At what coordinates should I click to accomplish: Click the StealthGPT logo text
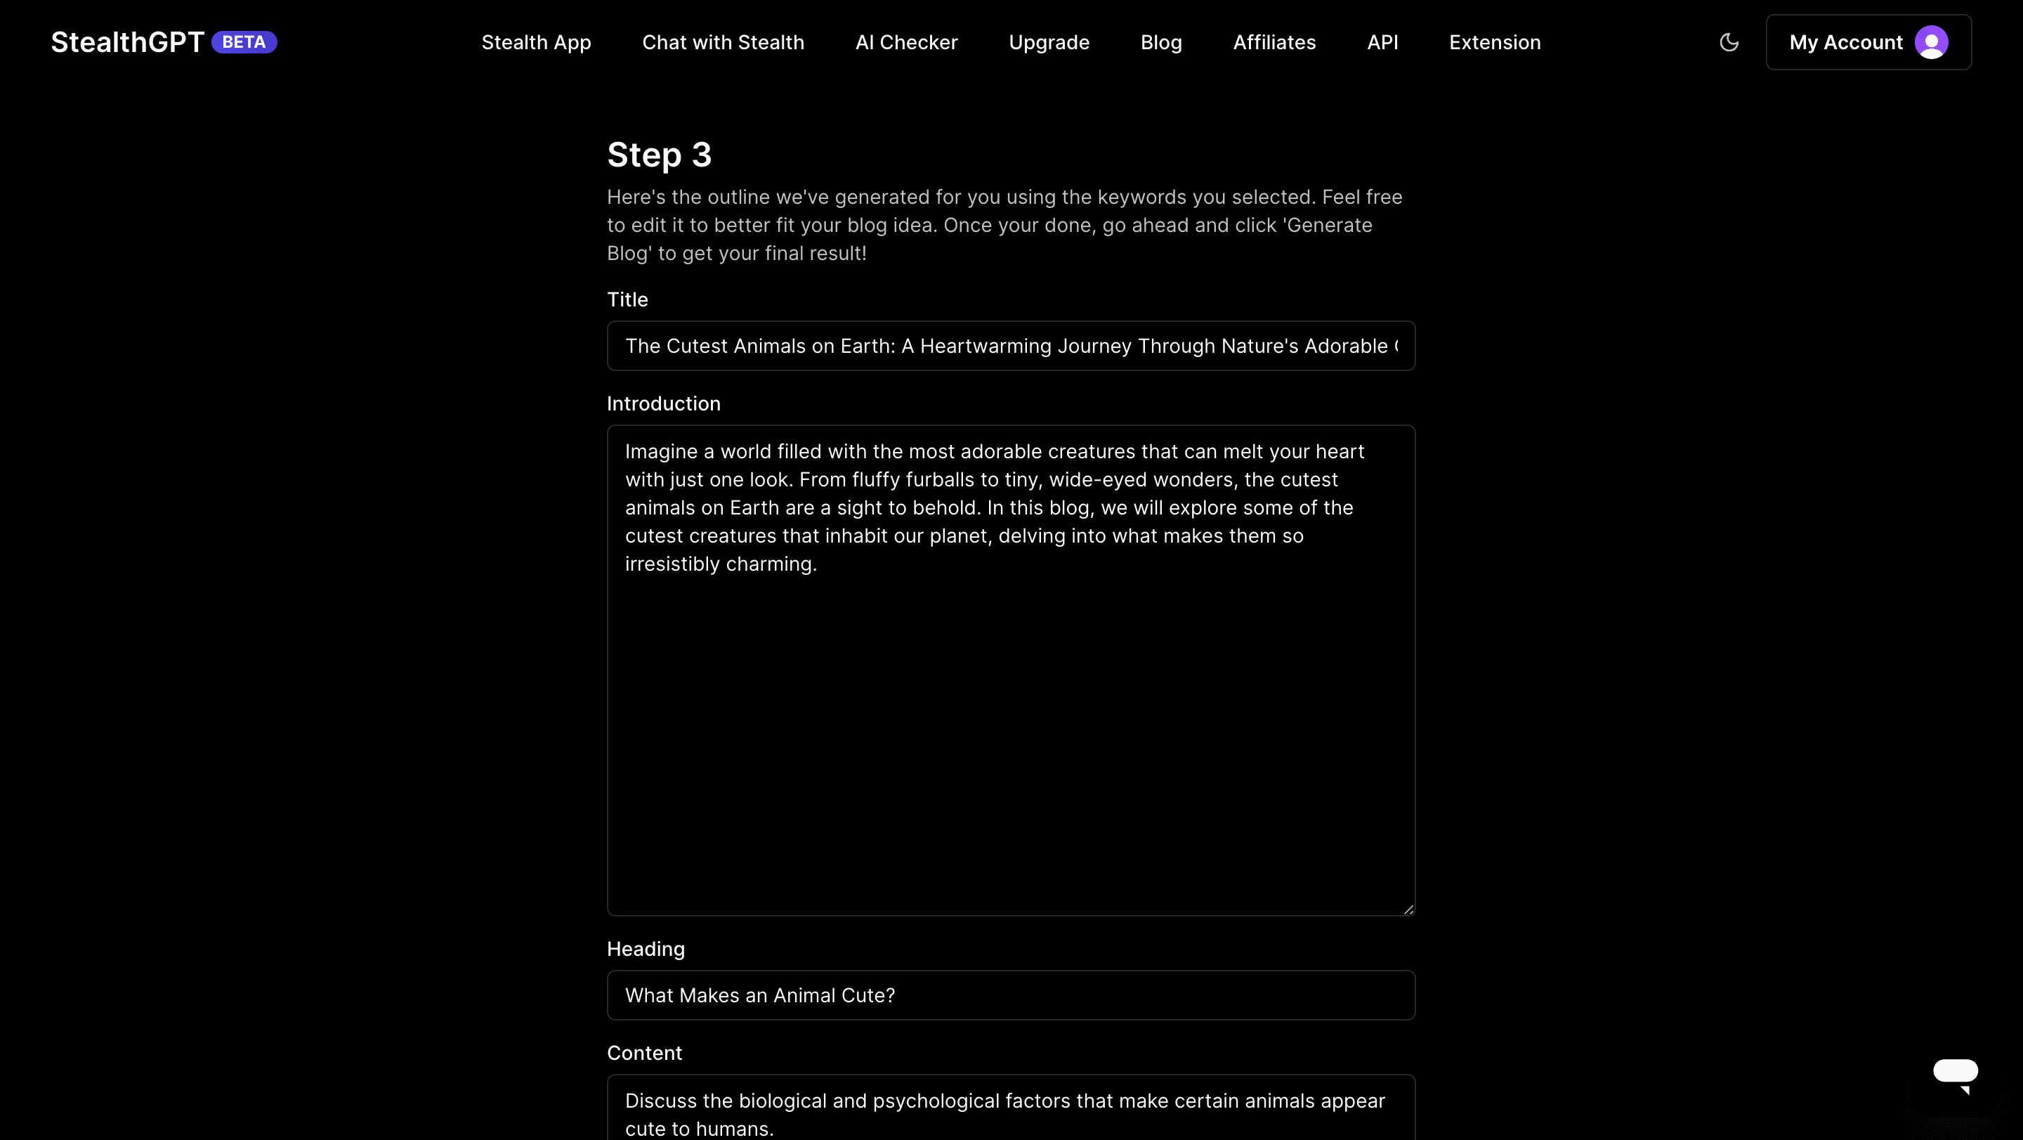[x=127, y=42]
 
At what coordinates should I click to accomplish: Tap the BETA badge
[x=244, y=42]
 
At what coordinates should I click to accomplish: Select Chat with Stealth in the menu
[x=723, y=42]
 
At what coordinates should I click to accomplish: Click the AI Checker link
[x=906, y=42]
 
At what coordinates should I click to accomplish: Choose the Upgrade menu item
[x=1049, y=42]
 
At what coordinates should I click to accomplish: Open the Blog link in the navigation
[x=1160, y=42]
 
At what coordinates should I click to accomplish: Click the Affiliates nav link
[x=1274, y=42]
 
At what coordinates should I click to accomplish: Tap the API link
[x=1382, y=42]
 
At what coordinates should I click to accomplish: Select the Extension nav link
[x=1495, y=42]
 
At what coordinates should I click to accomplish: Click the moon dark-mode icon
[x=1729, y=42]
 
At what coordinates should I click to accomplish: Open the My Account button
[x=1845, y=42]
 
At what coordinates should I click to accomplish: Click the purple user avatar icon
[x=1930, y=42]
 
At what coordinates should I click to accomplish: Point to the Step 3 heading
[x=659, y=155]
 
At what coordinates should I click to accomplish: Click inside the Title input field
[x=1011, y=346]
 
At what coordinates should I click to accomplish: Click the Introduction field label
[x=663, y=404]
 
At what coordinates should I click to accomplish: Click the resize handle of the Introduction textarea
[x=1408, y=909]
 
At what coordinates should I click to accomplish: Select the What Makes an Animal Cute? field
[x=1011, y=995]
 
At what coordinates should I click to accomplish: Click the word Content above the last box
[x=644, y=1053]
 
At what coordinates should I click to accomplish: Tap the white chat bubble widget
[x=1955, y=1073]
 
